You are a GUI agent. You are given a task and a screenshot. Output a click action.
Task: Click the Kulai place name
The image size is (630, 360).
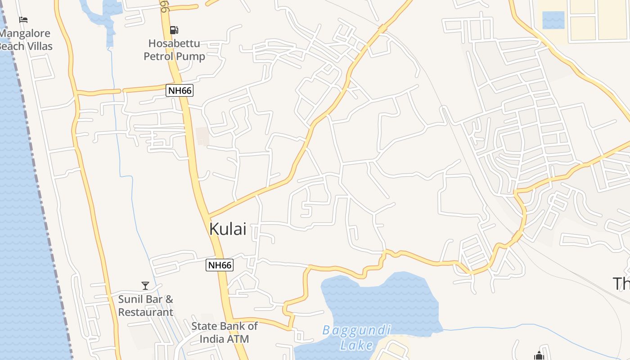point(228,229)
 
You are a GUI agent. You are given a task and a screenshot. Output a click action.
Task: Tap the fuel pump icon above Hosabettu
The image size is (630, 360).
point(174,31)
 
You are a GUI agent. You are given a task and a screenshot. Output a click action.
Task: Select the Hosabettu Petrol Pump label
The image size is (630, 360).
point(175,50)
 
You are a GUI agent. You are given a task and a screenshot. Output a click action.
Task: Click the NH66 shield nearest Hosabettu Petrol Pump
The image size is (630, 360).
point(180,90)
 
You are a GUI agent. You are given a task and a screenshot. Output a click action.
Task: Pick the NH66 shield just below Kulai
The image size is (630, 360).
point(220,265)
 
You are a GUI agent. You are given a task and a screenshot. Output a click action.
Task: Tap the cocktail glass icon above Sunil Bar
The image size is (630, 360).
point(145,286)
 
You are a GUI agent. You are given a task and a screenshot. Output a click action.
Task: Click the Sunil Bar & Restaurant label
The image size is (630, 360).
point(145,306)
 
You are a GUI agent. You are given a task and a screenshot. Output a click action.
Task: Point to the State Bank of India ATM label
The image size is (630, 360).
point(224,332)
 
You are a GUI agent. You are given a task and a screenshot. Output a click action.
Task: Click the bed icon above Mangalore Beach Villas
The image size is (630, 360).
point(23,20)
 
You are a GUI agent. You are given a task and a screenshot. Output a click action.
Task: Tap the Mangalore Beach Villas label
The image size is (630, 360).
point(26,40)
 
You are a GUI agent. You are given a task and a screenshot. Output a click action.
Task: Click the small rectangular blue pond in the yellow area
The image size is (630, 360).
point(553,20)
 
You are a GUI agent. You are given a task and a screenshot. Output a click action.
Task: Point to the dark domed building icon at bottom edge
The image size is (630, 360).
point(539,356)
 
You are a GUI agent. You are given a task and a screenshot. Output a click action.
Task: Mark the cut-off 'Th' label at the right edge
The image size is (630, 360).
point(621,284)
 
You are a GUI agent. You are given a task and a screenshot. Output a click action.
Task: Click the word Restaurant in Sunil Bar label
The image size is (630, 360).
point(145,312)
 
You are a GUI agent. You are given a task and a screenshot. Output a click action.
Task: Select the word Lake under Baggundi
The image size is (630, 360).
point(356,345)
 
